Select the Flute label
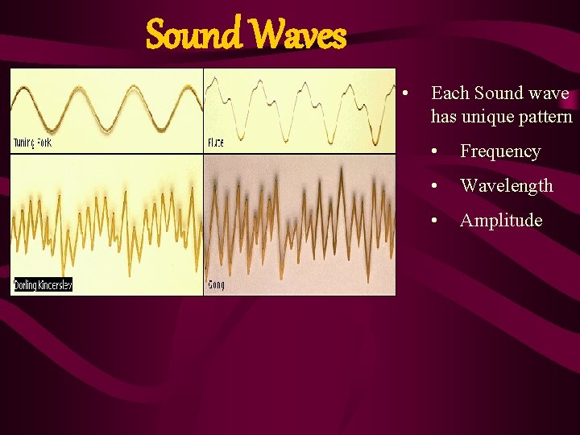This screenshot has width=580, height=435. (216, 143)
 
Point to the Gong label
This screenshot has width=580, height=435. (216, 284)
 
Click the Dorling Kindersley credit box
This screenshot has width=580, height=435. (43, 284)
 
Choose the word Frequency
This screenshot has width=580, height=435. (500, 151)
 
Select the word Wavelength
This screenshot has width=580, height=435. (506, 186)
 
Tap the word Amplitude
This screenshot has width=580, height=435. (500, 221)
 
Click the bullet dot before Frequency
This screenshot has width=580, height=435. (434, 152)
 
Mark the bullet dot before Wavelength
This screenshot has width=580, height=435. (434, 187)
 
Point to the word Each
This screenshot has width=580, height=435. (449, 93)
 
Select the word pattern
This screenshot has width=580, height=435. (545, 117)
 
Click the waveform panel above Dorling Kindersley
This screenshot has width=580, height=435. (106, 217)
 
